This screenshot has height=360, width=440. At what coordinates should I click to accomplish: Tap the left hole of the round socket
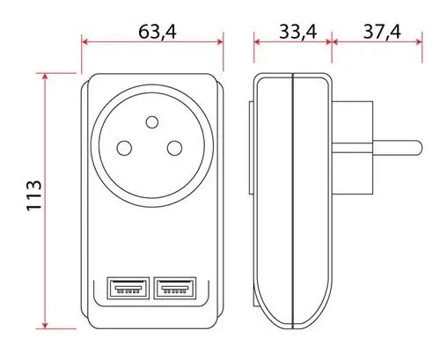tap(125, 149)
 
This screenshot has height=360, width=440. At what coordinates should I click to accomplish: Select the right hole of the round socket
tap(174, 149)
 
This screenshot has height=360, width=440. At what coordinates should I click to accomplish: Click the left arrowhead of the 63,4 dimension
tap(85, 40)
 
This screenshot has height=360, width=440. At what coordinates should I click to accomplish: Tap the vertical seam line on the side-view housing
tap(291, 202)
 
